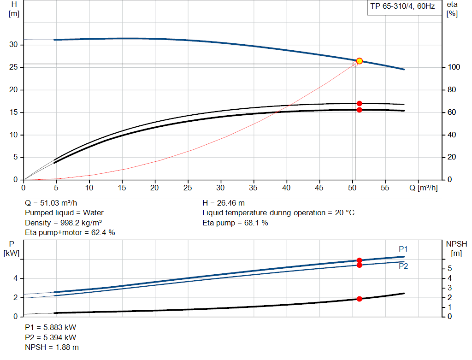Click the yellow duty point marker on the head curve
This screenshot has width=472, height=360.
click(x=360, y=61)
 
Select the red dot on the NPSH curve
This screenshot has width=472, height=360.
click(x=360, y=299)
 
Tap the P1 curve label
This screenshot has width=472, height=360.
click(x=403, y=249)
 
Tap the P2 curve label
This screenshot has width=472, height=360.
click(x=403, y=266)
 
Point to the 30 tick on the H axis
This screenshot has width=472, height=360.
click(x=14, y=45)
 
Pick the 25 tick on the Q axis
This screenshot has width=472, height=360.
click(x=188, y=188)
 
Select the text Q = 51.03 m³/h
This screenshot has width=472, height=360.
click(x=51, y=203)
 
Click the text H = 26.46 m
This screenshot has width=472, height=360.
click(x=224, y=203)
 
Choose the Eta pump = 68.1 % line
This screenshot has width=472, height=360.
click(x=235, y=223)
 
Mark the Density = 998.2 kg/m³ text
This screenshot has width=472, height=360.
click(x=63, y=223)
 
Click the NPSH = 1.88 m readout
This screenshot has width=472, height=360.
click(x=52, y=347)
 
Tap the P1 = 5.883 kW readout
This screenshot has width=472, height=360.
click(x=50, y=327)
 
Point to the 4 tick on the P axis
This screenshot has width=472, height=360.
click(x=15, y=278)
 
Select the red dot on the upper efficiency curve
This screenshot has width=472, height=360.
click(x=360, y=103)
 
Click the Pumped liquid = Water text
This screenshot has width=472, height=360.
click(x=64, y=212)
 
